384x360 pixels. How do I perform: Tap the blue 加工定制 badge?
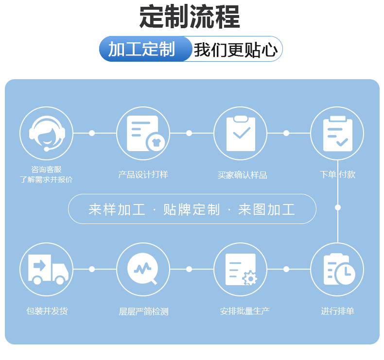[x=141, y=49]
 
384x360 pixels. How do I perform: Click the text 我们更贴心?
[x=236, y=50]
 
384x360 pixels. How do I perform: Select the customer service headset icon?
[x=46, y=133]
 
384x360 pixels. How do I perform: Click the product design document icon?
[x=143, y=133]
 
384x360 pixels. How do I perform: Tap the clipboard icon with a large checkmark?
[x=240, y=133]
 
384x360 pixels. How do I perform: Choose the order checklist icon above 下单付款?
[x=337, y=133]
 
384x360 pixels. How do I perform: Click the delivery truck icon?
[x=46, y=269]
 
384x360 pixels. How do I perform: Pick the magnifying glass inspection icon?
[x=143, y=269]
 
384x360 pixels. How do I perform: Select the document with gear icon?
[x=240, y=269]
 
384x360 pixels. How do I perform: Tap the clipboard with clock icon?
[x=337, y=269]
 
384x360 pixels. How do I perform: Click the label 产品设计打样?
[x=143, y=174]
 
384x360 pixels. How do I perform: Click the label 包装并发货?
[x=47, y=311]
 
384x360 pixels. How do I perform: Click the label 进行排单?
[x=337, y=311]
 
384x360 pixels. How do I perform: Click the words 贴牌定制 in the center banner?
[x=192, y=209]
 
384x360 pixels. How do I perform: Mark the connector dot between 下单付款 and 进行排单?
[x=338, y=207]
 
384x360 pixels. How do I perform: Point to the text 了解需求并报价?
[x=46, y=179]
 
